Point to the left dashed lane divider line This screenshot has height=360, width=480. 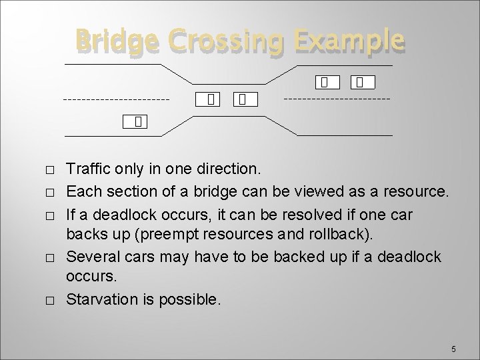point(116,100)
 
